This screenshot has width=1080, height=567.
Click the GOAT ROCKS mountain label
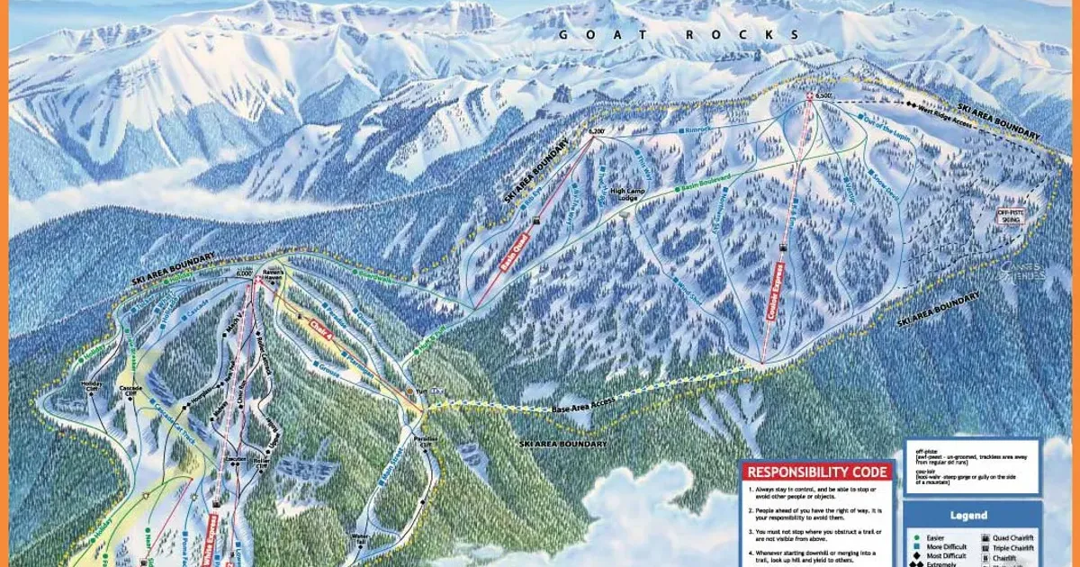coord(679,35)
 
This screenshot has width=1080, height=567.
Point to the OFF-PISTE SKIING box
coord(1011,216)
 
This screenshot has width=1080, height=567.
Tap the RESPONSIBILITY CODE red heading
coord(817,472)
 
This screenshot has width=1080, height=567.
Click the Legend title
coord(967,516)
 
